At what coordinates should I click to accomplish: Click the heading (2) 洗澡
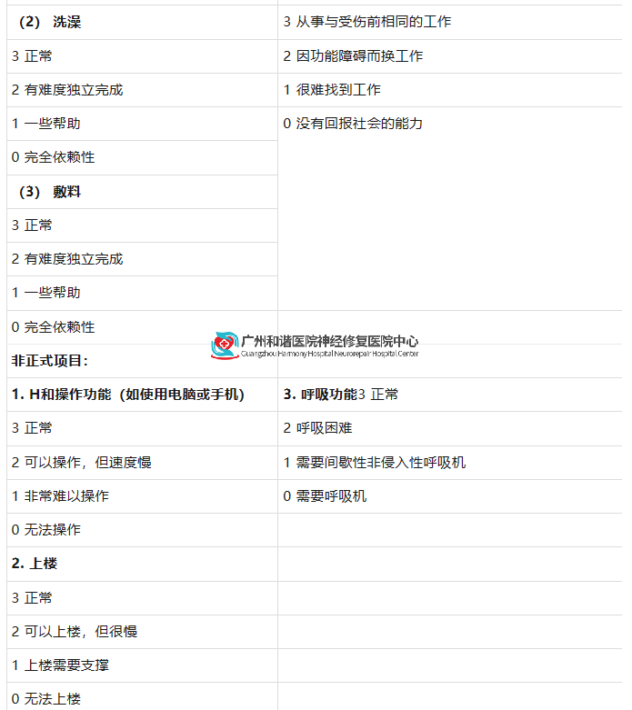click(50, 22)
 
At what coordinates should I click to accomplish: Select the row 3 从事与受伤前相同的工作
click(367, 22)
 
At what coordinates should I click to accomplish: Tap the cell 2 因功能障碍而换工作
click(353, 55)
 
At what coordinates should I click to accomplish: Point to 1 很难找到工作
click(332, 90)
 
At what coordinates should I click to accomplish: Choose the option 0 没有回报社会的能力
click(353, 123)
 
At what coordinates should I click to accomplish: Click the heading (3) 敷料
click(50, 192)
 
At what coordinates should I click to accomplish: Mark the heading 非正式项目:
click(50, 360)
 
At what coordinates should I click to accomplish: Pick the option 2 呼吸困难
click(317, 428)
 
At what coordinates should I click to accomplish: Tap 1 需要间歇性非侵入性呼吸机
click(375, 463)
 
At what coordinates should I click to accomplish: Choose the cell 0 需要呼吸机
click(325, 495)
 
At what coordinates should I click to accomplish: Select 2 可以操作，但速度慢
click(82, 463)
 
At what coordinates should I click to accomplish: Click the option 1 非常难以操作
click(60, 495)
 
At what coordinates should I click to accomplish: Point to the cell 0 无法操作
click(46, 529)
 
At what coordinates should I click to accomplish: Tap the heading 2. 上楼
click(35, 564)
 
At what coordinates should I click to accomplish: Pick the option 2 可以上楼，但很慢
click(75, 631)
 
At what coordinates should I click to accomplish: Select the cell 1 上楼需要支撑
click(60, 665)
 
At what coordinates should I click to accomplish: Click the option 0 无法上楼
click(46, 699)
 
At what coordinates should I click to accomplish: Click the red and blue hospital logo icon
click(225, 346)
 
